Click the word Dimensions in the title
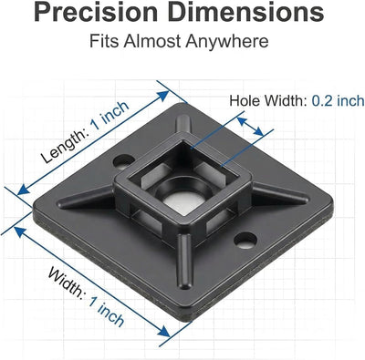coord(245,11)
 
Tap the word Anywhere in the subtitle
coord(227,42)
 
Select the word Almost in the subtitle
coord(151,41)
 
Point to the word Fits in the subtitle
coord(104,41)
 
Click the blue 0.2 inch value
coord(338,100)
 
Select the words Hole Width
coord(268,100)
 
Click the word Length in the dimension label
coord(65,146)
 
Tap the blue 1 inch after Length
coord(110,115)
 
